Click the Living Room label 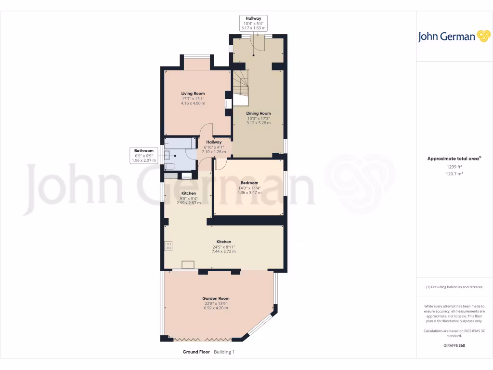click(x=193, y=93)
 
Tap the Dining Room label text click(x=259, y=113)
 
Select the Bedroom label click(x=249, y=183)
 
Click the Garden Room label click(x=215, y=298)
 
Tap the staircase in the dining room click(x=240, y=87)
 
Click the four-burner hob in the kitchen click(x=169, y=245)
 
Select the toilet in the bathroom click(x=169, y=166)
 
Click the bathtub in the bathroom click(x=180, y=143)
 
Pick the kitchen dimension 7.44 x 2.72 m click(x=223, y=251)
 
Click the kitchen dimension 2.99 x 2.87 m click(x=189, y=203)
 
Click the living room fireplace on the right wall click(x=228, y=103)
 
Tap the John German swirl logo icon click(x=483, y=36)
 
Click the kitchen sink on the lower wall click(x=188, y=264)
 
